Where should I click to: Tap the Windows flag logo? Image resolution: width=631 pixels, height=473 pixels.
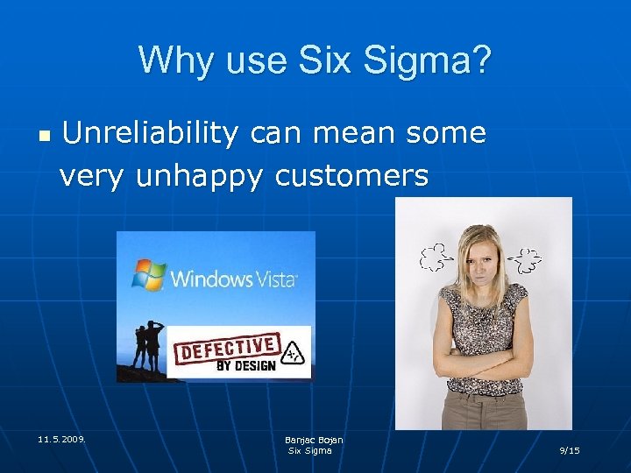coord(149,274)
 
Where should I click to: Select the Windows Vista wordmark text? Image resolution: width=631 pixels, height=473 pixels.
coord(234,279)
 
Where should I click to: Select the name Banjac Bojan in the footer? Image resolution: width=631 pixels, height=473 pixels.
coord(313,440)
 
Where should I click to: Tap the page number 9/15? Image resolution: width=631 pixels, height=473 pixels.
coord(570,450)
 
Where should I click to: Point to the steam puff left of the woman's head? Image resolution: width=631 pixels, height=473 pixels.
coord(436,257)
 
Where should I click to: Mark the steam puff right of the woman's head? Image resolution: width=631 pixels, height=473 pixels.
coord(527,258)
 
